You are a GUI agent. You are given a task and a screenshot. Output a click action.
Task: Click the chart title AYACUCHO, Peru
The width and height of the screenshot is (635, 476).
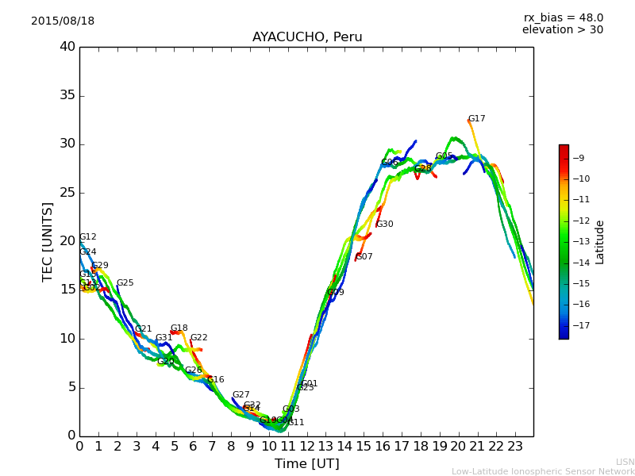pos(307,37)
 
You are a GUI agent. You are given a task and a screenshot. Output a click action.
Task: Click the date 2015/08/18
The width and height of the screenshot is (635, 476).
pos(63,21)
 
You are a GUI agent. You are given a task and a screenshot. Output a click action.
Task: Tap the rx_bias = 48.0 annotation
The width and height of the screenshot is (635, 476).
pos(563,17)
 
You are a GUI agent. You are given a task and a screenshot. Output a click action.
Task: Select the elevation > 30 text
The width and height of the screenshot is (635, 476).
pos(563,30)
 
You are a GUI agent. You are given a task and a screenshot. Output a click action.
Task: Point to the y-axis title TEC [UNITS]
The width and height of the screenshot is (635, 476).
pos(48,241)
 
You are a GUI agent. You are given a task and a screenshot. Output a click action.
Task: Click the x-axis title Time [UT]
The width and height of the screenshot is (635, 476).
pos(306,464)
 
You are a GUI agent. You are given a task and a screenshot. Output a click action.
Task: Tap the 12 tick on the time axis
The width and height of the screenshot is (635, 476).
pos(306,446)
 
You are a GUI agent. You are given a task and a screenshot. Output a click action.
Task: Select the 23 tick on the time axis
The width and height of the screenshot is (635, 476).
pos(514,446)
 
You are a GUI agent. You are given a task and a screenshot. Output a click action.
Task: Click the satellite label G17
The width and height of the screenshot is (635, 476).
pos(476,119)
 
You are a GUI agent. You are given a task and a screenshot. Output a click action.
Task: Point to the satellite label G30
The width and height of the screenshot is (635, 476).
pos(385,225)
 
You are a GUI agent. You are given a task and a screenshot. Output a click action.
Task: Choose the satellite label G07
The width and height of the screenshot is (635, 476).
pos(364,257)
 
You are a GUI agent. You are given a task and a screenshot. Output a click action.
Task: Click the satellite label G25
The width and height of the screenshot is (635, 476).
pos(125,283)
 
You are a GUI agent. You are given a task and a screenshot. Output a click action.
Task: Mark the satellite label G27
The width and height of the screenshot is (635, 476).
pos(241,395)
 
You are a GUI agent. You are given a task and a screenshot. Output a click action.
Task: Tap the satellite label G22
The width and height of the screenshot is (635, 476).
pos(198,338)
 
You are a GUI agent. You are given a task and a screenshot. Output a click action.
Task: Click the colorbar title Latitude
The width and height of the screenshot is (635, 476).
pos(600,242)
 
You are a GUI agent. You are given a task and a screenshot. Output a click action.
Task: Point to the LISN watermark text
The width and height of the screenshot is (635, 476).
pos(625,462)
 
